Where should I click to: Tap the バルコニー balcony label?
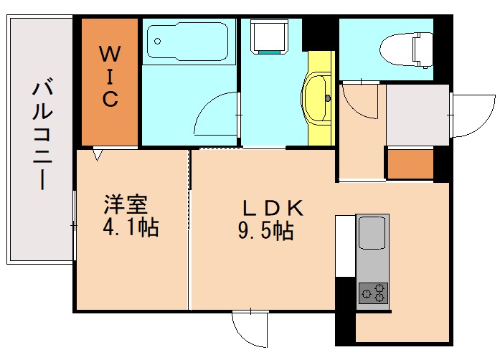(42, 136)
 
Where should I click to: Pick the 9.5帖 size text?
(266, 232)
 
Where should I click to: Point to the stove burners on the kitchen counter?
(373, 292)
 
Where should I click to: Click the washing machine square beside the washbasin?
(270, 35)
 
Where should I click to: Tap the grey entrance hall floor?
(417, 115)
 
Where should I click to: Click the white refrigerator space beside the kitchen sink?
(345, 245)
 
